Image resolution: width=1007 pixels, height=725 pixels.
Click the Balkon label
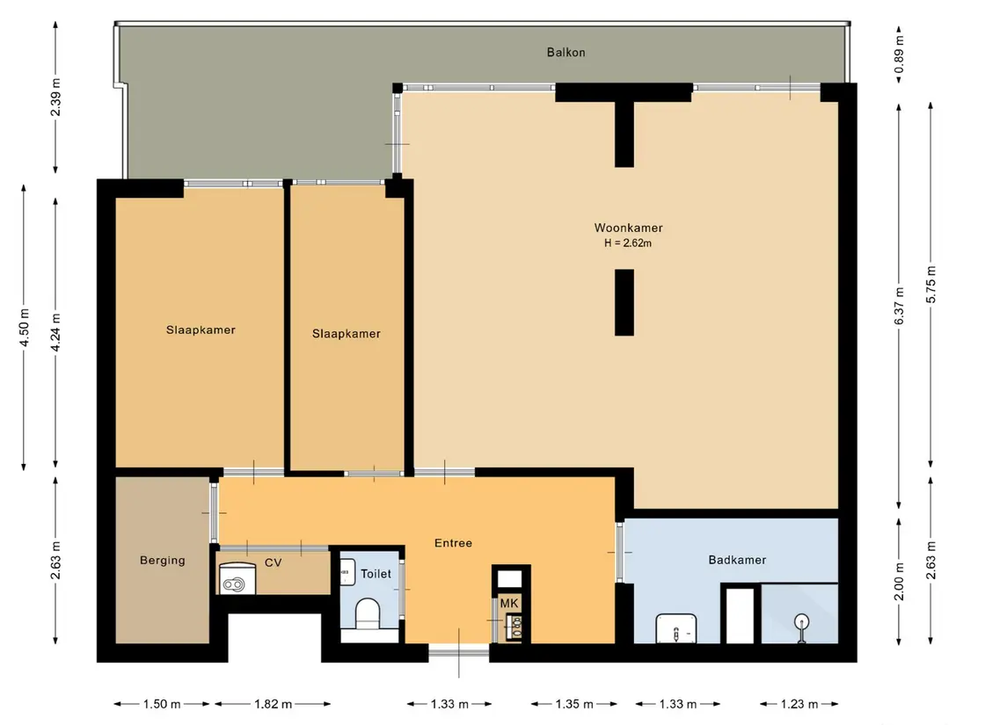566,53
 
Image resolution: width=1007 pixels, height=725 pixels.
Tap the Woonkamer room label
628,228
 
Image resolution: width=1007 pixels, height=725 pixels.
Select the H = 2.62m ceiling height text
627,243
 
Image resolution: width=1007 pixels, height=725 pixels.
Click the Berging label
163,561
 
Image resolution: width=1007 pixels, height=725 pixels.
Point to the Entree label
454,543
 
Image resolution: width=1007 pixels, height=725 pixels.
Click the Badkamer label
737,560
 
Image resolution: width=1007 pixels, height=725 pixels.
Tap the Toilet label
376,574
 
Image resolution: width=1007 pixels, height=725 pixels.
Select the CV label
273,562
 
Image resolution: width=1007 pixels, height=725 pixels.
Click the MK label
508,603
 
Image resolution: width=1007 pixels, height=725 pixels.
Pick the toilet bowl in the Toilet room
368,613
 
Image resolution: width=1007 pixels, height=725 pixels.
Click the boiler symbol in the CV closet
237,579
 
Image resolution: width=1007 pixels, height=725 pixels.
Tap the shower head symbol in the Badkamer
801,627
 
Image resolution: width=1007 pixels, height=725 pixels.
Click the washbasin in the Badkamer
676,629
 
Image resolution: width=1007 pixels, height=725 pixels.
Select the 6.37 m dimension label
899,306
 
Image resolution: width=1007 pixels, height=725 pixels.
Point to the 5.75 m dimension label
931,284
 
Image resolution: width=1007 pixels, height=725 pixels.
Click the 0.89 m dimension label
899,54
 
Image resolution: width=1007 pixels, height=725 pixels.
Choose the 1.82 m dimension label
273,704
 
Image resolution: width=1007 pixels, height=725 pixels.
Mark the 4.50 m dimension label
25,327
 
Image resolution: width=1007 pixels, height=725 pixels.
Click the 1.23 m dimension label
799,704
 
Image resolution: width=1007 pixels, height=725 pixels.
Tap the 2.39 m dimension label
56,97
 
